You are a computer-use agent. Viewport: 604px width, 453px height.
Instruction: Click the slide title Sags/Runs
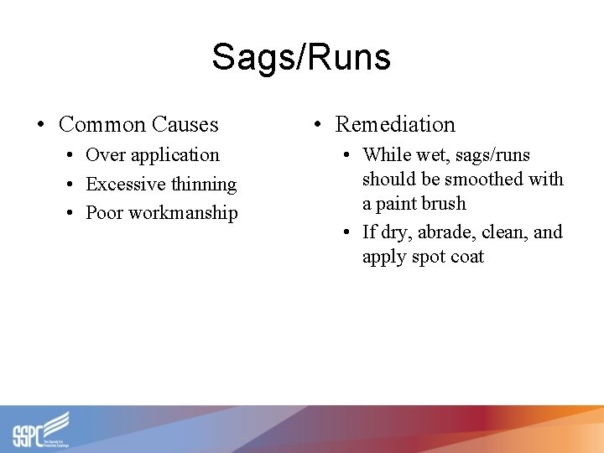pyautogui.click(x=301, y=58)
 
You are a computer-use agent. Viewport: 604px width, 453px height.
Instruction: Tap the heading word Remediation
pyautogui.click(x=395, y=125)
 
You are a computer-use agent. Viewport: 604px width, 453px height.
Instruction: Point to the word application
pyautogui.click(x=174, y=155)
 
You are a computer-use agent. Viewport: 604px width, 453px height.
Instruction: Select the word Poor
pyautogui.click(x=104, y=212)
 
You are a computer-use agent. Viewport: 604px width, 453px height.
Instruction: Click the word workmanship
pyautogui.click(x=182, y=212)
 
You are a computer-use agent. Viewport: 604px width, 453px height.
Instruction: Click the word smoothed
pyautogui.click(x=487, y=180)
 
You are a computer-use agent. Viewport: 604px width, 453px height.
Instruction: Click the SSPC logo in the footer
pyautogui.click(x=40, y=430)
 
